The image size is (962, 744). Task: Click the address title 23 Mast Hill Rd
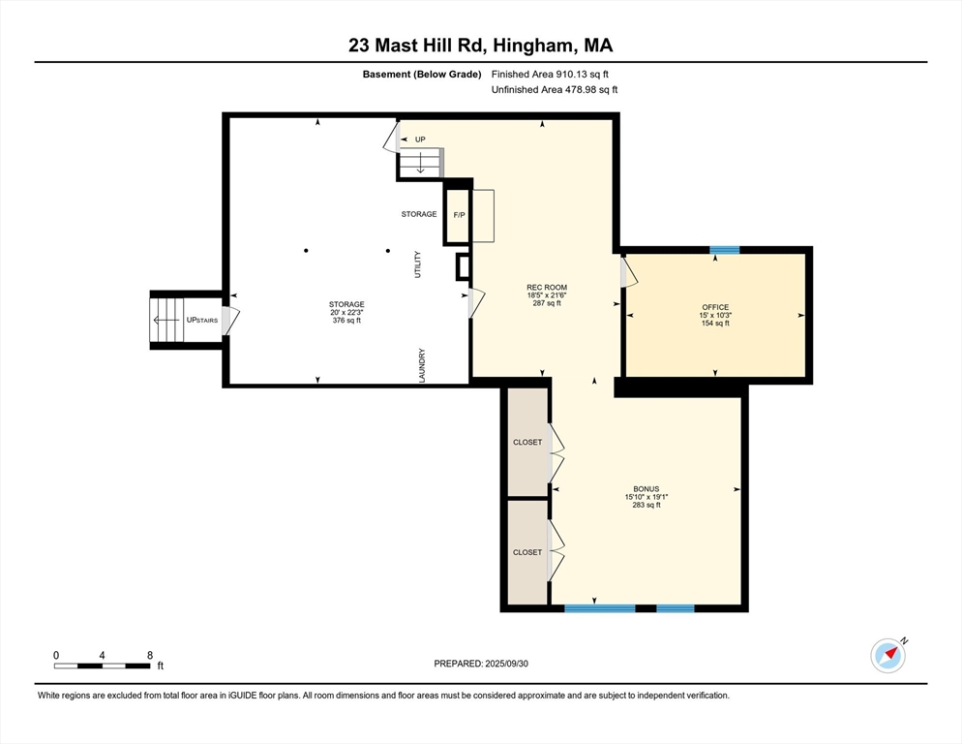[x=480, y=45]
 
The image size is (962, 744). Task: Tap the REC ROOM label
[x=546, y=288]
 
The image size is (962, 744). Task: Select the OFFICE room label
[x=715, y=307]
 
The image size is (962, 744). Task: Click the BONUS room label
[x=646, y=489]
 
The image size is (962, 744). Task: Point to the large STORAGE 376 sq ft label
[x=346, y=304]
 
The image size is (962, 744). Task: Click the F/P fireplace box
[x=458, y=215]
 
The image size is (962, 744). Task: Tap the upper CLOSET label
[x=527, y=443]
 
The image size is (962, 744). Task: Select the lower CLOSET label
[x=527, y=552]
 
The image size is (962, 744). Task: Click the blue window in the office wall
[x=724, y=250]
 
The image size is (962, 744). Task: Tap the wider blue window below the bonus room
[x=599, y=608]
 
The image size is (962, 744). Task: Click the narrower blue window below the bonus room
[x=675, y=608]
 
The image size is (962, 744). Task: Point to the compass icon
[x=887, y=655]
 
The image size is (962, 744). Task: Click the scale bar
[x=103, y=666]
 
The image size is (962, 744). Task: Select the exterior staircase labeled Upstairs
[x=166, y=320]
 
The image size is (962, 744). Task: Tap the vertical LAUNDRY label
[x=422, y=365]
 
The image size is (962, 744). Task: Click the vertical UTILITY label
[x=418, y=265]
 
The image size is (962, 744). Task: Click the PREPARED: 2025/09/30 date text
[x=482, y=664]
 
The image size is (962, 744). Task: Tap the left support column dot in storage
[x=306, y=251]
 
